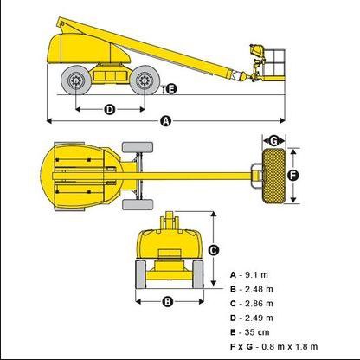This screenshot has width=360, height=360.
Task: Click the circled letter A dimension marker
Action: tap(165, 121)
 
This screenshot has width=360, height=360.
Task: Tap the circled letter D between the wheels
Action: tap(110, 110)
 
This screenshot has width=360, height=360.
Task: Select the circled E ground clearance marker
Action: tap(171, 89)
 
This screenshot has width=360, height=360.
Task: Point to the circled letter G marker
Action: tap(273, 141)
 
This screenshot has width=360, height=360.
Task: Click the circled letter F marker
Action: tap(293, 176)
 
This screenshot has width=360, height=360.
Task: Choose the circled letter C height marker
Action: tap(214, 250)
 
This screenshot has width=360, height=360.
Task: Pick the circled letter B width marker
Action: tap(168, 302)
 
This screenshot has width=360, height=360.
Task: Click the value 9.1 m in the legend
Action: tap(256, 275)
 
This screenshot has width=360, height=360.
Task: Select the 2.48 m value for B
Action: tap(259, 289)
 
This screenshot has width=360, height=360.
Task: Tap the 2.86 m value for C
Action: tap(259, 304)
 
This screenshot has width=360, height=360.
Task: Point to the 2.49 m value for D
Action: tap(259, 318)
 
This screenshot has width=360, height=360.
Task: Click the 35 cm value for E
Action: tap(257, 332)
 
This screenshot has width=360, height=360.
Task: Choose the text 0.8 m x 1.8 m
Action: tap(289, 346)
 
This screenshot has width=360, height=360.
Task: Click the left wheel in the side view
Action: tap(76, 80)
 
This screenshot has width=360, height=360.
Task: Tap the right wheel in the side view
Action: tap(145, 80)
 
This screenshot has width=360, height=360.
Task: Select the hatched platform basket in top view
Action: tap(273, 176)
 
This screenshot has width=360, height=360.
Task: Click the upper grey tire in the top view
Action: tap(138, 147)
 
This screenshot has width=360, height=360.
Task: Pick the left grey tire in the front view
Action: tap(141, 274)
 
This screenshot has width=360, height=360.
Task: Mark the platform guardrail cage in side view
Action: tap(274, 63)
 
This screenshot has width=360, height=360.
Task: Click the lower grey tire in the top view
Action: tap(138, 204)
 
